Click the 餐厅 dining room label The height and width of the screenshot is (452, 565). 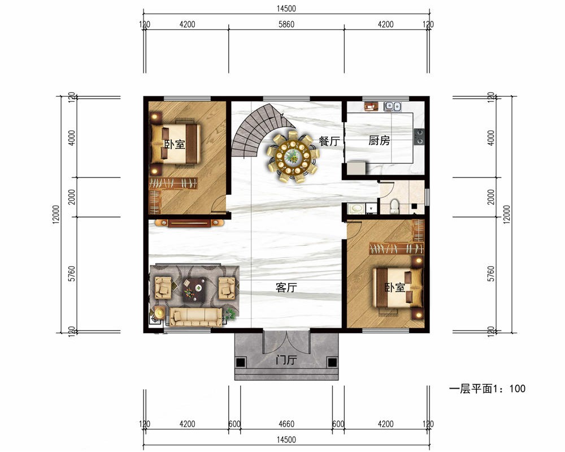(329, 141)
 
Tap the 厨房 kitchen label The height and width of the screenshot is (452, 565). (379, 140)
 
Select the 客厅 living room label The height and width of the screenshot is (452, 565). (286, 287)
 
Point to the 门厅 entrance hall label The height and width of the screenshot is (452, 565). (286, 360)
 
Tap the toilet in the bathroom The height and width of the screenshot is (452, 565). (394, 206)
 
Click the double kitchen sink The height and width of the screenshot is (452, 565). (393, 106)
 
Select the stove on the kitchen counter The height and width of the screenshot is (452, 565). (419, 137)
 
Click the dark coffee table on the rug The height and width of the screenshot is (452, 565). (194, 289)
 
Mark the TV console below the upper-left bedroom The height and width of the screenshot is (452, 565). (189, 223)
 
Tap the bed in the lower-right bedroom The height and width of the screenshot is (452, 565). (398, 288)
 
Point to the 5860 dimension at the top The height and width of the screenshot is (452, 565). (286, 24)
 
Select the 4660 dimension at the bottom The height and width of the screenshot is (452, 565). (286, 424)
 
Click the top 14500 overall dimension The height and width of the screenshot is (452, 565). (286, 8)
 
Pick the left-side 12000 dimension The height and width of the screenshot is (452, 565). (55, 215)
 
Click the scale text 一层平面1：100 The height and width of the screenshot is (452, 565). (487, 389)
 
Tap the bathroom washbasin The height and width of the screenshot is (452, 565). (357, 208)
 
